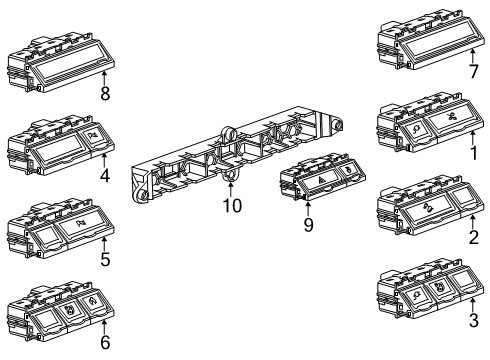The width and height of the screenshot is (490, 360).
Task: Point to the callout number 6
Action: (x=105, y=341)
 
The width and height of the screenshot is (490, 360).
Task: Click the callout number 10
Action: (x=232, y=206)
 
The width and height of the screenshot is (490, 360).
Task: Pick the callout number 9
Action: (x=308, y=226)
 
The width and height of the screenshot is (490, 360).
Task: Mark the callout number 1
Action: (x=473, y=156)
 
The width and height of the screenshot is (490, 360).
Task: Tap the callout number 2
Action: (x=473, y=238)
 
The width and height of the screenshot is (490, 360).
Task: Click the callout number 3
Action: (x=473, y=321)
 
